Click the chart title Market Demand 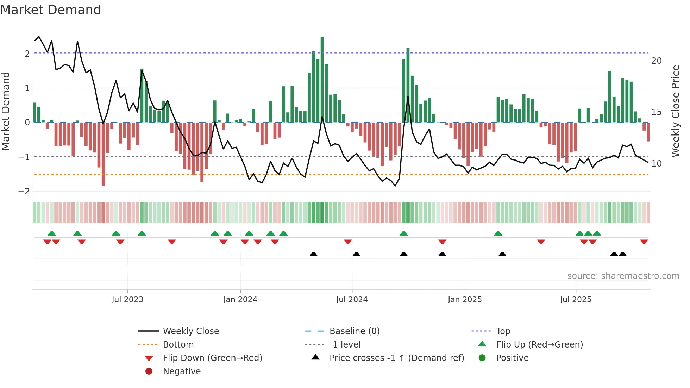[51, 10]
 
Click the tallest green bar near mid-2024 [322, 79]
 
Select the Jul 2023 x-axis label [127, 300]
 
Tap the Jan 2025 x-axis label [465, 300]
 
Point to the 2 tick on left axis [27, 54]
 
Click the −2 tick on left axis [25, 192]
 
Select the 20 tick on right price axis [657, 61]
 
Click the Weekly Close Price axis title [675, 111]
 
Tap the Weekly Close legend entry [191, 331]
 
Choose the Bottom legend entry [178, 345]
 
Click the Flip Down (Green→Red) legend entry [212, 358]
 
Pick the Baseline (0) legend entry [355, 331]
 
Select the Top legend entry [503, 331]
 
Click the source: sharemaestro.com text [623, 276]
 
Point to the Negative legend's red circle [149, 371]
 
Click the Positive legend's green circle [482, 358]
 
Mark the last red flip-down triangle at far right [644, 242]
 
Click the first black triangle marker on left [313, 254]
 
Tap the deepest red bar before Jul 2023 [103, 154]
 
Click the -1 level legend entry [345, 345]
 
